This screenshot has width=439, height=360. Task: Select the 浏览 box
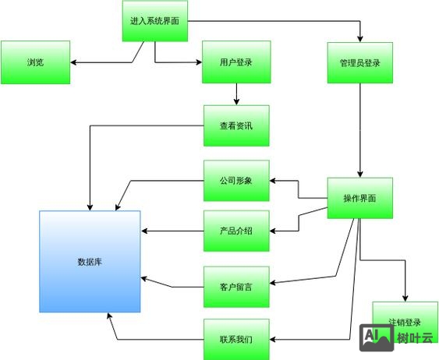coord(35,62)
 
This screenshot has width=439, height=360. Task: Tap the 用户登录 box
coord(235,62)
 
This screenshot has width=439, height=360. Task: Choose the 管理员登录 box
coord(359,62)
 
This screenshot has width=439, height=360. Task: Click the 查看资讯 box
coord(236,125)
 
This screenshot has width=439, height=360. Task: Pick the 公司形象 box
coord(236,181)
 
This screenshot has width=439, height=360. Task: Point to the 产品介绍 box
coord(236,231)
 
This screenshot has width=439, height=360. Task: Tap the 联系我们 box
coord(236,339)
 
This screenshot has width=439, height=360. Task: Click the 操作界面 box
coord(359,198)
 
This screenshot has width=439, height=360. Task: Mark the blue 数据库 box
coord(90,261)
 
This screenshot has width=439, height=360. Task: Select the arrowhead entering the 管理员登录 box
coord(359,38)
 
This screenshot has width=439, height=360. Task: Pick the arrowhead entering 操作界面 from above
coord(359,175)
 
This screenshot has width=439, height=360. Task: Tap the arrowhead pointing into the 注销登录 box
coord(404,298)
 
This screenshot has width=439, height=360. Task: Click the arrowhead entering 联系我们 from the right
coord(273,339)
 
